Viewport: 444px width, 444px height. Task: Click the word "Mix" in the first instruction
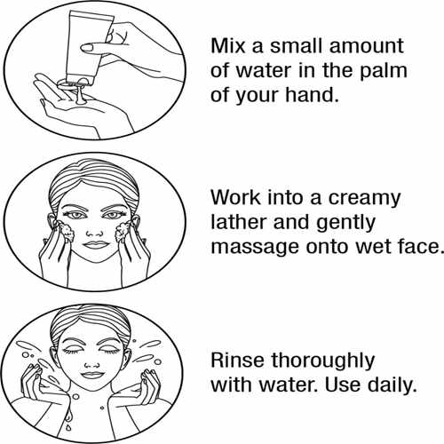(x=227, y=46)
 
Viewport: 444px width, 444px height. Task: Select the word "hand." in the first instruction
(x=312, y=95)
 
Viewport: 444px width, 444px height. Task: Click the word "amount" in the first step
(x=367, y=46)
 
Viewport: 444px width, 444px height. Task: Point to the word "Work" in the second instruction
(x=235, y=197)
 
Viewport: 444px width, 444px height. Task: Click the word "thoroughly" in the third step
(x=323, y=362)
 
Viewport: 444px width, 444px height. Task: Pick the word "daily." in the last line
(x=392, y=385)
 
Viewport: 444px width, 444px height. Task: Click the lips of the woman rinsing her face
(x=92, y=375)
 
